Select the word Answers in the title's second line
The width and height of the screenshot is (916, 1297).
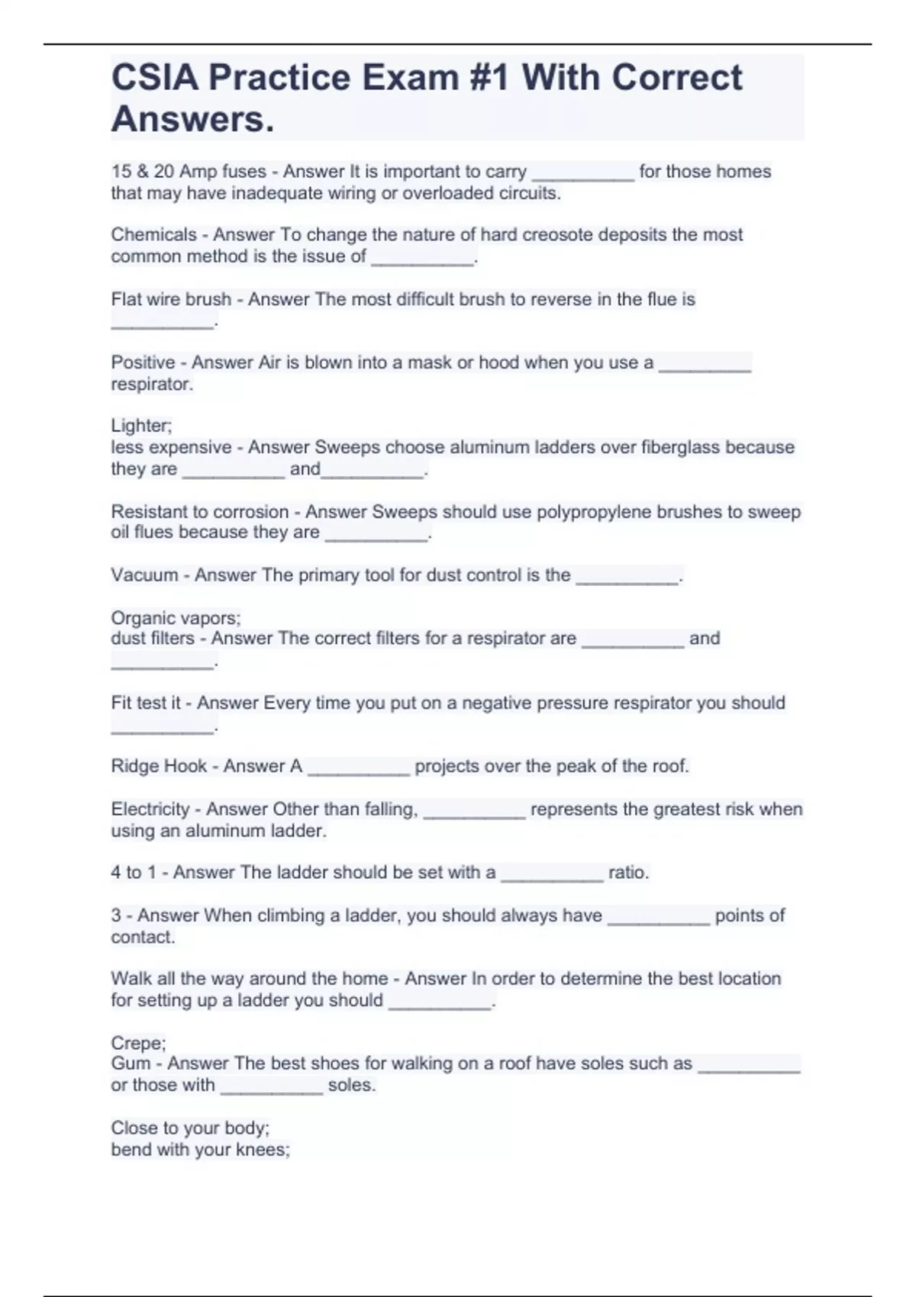[192, 119]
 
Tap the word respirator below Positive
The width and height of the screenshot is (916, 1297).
[151, 385]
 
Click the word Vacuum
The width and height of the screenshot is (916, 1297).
[144, 575]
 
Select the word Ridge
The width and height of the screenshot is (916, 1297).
[134, 766]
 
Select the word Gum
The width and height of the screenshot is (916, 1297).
[131, 1064]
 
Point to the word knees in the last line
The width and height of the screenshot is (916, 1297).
[265, 1150]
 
